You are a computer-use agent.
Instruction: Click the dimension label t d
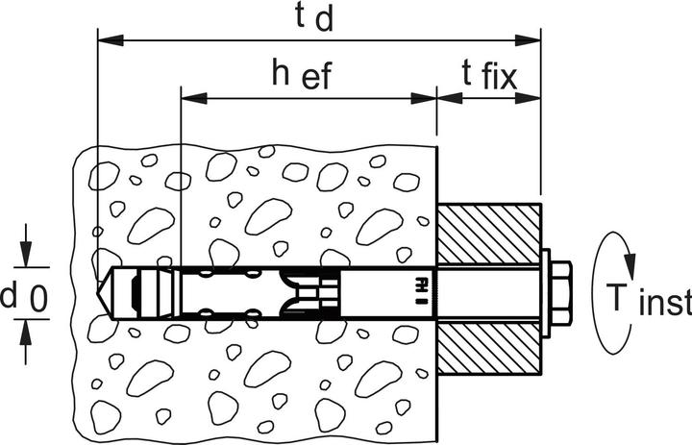click(x=313, y=17)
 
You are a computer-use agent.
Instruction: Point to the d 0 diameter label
click(x=24, y=298)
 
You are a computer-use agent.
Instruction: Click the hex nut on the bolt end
click(x=561, y=293)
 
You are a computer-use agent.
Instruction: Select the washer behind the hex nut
click(x=545, y=293)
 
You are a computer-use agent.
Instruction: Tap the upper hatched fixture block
click(x=489, y=235)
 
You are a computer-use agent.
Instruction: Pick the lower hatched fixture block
click(x=489, y=348)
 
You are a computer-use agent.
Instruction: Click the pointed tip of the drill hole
click(x=97, y=293)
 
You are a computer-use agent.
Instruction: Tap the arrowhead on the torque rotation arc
click(x=630, y=260)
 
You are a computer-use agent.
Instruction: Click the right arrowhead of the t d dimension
click(x=529, y=40)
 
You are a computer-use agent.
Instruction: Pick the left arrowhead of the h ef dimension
click(x=194, y=98)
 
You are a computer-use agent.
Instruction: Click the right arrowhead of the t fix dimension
click(x=528, y=98)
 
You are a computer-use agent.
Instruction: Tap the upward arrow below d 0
click(x=26, y=341)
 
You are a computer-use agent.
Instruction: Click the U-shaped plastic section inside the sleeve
click(x=306, y=293)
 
